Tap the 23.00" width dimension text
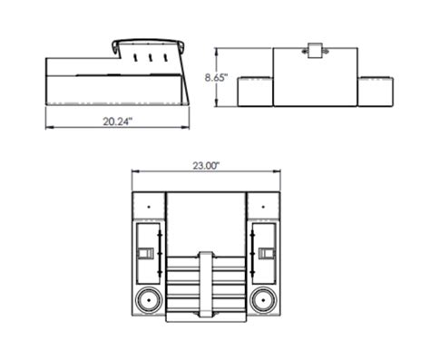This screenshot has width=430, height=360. pyautogui.click(x=207, y=166)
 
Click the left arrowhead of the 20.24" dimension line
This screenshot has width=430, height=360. pyautogui.click(x=49, y=127)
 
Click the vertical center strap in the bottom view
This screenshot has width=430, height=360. pyautogui.click(x=205, y=286)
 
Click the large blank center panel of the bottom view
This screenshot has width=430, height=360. pyautogui.click(x=205, y=222)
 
